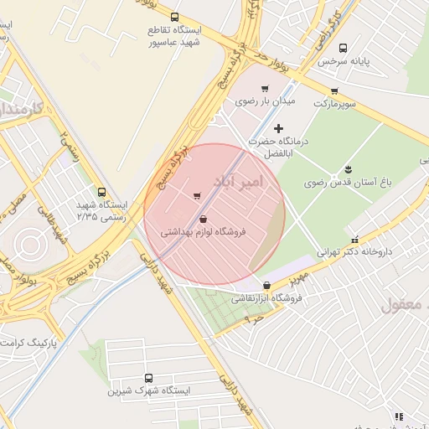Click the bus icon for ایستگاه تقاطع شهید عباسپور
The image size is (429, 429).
[x=174, y=17]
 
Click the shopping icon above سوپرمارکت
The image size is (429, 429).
[x=334, y=91]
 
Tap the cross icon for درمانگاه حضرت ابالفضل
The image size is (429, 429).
[x=279, y=128]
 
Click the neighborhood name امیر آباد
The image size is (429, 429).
[x=238, y=182]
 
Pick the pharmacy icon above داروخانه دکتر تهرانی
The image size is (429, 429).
[x=354, y=239]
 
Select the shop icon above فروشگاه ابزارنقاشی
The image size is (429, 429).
[x=266, y=285]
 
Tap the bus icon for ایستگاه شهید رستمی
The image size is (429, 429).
[x=101, y=192]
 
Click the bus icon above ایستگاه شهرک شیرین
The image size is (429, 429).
[x=149, y=378]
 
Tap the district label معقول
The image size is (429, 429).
[x=404, y=304]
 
